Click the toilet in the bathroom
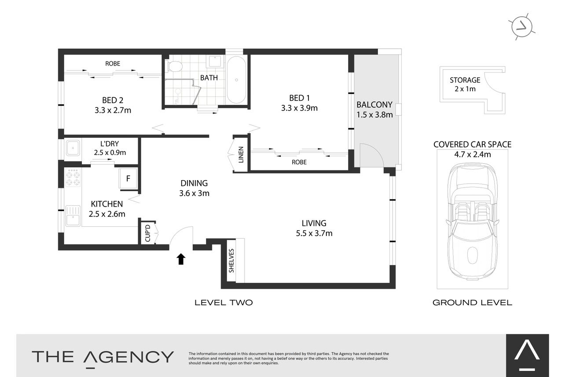pos(174,66)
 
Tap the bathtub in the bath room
pos(236,80)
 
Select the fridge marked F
pos(128,178)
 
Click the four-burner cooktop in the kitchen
pos(73,177)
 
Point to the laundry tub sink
pos(73,148)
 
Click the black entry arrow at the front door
pos(181,259)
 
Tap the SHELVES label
pos(231,261)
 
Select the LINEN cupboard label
pos(241,155)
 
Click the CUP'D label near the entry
pos(147,233)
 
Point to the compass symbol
pos(521,27)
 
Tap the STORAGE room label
pos(465,80)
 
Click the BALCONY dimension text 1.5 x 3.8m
pos(374,115)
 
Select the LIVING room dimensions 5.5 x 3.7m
pos(314,233)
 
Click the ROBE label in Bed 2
pos(113,63)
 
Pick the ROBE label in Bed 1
pos(299,162)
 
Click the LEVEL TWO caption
pos(224,303)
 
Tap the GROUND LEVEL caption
pos(472,303)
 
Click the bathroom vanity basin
pos(215,62)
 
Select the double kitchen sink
pos(73,216)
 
